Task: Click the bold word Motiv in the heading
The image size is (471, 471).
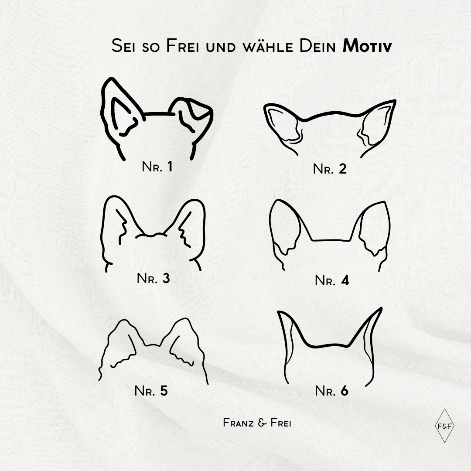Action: [367, 46]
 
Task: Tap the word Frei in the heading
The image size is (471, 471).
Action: [182, 46]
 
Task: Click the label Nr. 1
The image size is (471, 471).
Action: [157, 167]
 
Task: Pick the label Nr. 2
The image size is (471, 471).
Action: [330, 169]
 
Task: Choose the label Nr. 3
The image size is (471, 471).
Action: [153, 278]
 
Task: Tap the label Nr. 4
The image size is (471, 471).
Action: [332, 280]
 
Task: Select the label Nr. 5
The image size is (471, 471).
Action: [151, 391]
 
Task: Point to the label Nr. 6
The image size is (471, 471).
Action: [331, 391]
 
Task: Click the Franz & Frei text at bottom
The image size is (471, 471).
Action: [257, 423]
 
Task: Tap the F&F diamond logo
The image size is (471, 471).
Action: [444, 426]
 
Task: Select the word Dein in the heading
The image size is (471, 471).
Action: [317, 46]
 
